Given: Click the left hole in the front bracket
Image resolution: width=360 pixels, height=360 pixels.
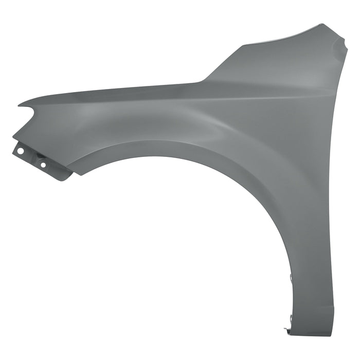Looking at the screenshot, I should pyautogui.click(x=21, y=151).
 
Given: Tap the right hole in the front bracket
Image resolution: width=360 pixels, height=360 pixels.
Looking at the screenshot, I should pyautogui.click(x=43, y=165).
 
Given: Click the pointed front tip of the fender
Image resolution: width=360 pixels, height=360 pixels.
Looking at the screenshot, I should pyautogui.click(x=20, y=105).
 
